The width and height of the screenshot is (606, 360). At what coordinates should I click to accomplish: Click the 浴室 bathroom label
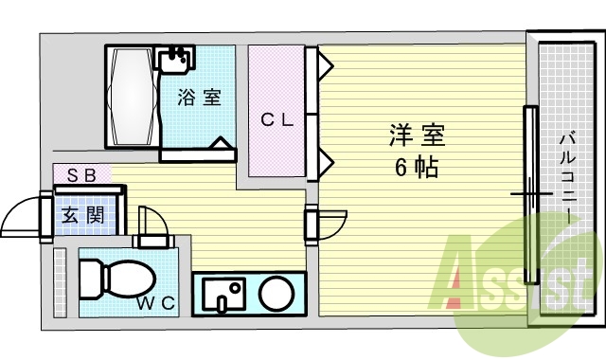coord(200,97)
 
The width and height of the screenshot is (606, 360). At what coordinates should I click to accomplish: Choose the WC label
coord(155,303)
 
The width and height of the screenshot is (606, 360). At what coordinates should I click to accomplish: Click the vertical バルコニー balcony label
coord(565,180)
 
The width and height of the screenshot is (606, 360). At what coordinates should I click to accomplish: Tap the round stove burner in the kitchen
coord(276,293)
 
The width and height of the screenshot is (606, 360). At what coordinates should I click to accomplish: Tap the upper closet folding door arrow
coord(325,66)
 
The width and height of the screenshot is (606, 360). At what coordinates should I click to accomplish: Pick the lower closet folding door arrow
coord(325,161)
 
